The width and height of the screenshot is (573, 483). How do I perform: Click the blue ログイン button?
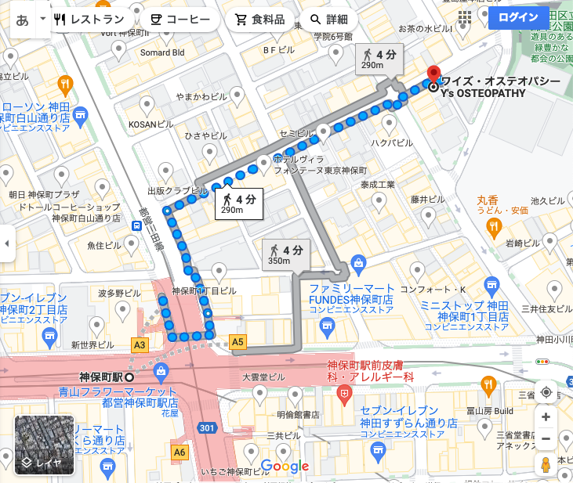(x=518, y=17)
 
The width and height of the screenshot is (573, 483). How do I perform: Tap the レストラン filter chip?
(x=92, y=20)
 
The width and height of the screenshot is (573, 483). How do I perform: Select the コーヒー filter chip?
(x=180, y=20)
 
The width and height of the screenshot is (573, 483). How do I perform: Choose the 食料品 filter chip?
(x=260, y=20)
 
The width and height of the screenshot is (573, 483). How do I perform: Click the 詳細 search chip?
(x=329, y=20)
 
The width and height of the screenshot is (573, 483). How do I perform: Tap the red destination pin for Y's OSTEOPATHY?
(x=433, y=76)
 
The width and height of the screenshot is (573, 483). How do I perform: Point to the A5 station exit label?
(x=238, y=341)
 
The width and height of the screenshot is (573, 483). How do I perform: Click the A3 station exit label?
(x=140, y=344)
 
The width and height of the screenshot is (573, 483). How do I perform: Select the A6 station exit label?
(x=180, y=452)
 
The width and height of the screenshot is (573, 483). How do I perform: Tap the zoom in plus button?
(x=546, y=416)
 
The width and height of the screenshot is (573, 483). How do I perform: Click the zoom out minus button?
(x=546, y=438)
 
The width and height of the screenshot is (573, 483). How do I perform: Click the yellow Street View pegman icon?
(x=546, y=465)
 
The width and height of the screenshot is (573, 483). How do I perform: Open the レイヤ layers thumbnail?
(x=45, y=445)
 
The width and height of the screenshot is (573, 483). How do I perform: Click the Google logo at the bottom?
(x=285, y=467)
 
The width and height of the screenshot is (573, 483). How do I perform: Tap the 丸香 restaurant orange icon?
(x=493, y=227)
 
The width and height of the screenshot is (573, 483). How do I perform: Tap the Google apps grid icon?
(x=465, y=17)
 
